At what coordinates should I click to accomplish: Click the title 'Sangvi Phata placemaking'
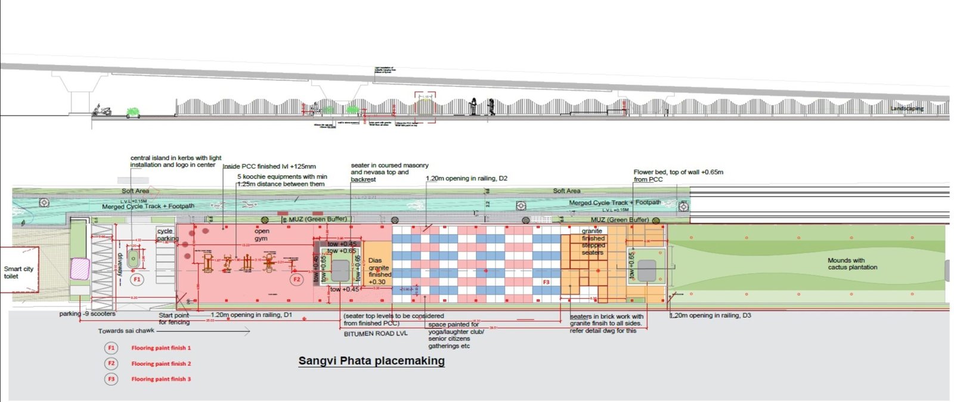pos(371,361)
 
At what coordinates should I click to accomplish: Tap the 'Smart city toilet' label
pos(18,273)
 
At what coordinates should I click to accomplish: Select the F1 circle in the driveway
pos(137,279)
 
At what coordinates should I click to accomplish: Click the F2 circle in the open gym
pos(296,279)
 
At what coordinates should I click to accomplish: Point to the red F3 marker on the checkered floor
pos(546,282)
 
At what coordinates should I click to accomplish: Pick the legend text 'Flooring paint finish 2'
pos(161,363)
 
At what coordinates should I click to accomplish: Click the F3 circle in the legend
pos(111,379)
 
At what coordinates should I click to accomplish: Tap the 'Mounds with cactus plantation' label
pos(852,264)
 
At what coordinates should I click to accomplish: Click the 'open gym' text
pos(262,235)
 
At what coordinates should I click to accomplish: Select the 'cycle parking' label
pos(167,235)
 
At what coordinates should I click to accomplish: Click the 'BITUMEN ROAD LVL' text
pos(376,334)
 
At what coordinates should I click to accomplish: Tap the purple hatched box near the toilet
pos(80,269)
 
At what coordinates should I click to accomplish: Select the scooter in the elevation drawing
pos(102,110)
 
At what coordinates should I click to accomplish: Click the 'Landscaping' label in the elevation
pos(907,108)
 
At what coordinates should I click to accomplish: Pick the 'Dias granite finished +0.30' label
pos(379,271)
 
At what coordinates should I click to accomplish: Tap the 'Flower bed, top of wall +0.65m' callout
pos(678,176)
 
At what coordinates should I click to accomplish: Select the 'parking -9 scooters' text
pos(87,314)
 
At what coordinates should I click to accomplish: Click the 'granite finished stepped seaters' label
pos(593,242)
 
